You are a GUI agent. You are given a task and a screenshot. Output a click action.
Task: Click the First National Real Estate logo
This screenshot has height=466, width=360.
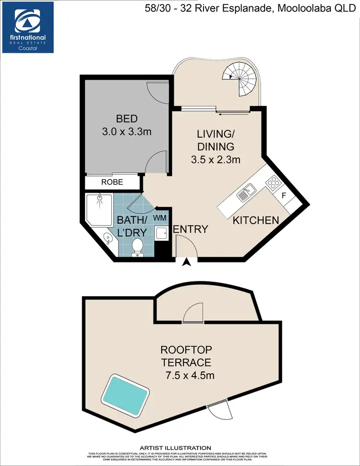[27, 27]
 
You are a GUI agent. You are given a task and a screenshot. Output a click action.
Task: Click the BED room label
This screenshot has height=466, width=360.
[127, 119]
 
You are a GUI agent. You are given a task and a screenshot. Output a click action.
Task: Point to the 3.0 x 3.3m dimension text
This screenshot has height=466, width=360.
[127, 131]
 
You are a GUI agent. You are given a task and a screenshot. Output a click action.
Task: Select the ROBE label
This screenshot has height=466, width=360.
[112, 182]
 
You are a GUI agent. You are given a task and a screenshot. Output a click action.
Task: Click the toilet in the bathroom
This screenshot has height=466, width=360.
[138, 247]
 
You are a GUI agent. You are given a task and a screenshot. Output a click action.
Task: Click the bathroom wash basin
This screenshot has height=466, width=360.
[108, 239]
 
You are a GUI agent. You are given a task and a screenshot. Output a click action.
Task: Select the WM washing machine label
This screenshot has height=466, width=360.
[160, 217]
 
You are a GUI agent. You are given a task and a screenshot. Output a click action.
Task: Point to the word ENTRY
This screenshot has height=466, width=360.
[191, 229]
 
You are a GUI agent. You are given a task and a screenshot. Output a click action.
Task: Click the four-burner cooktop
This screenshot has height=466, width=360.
[273, 182]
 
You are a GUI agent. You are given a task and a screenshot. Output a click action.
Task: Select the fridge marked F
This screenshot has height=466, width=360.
[284, 196]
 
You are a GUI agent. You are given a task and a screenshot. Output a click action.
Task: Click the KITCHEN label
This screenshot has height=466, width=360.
[256, 220]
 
